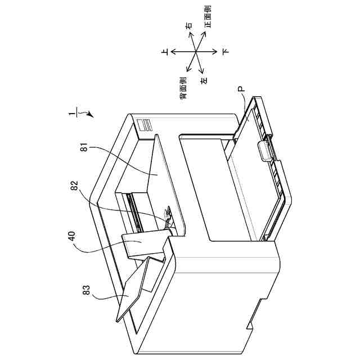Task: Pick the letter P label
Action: [x=240, y=89]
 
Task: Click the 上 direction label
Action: [x=165, y=52]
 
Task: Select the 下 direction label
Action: [x=225, y=52]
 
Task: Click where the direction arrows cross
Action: [x=195, y=52]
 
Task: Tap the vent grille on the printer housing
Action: [x=145, y=125]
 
